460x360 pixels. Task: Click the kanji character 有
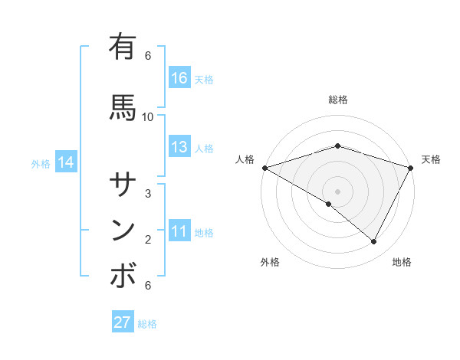[123, 47]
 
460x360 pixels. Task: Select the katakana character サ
[123, 184]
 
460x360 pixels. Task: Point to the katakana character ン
[123, 230]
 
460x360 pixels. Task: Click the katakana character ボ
[123, 276]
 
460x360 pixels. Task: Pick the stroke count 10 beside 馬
[148, 116]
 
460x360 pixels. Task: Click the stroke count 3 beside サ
[148, 193]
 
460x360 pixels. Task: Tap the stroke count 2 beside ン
[148, 240]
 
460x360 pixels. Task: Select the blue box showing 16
[179, 78]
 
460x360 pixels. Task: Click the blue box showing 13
[179, 147]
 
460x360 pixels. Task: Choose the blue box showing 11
[179, 231]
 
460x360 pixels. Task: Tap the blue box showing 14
[65, 162]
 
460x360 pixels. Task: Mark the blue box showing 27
[122, 322]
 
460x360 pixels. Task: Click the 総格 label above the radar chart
[337, 100]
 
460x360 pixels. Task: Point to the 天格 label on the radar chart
[431, 159]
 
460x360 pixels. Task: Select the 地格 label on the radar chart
[402, 262]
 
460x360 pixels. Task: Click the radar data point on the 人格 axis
[264, 167]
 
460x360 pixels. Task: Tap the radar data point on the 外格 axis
[329, 204]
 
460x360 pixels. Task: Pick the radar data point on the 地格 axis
[374, 242]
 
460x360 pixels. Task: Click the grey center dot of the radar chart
[337, 191]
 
